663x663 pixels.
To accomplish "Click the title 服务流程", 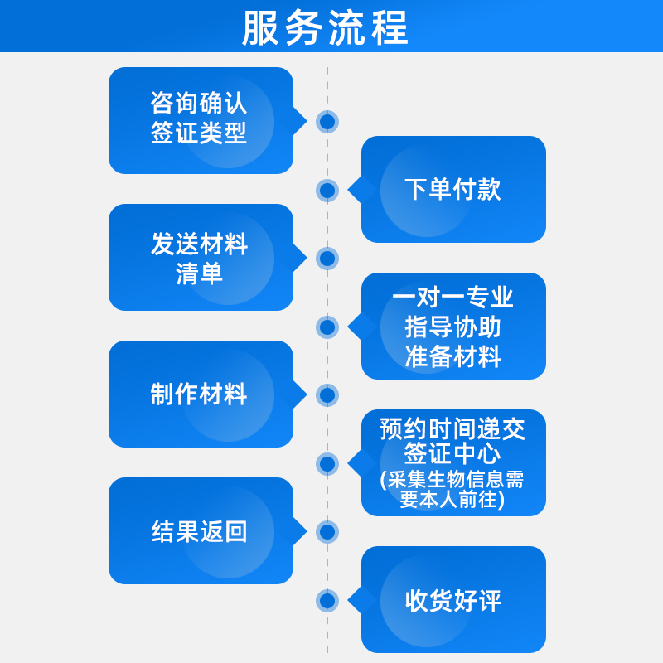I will pyautogui.click(x=326, y=28).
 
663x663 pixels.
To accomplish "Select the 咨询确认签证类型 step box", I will pyautogui.click(x=201, y=120).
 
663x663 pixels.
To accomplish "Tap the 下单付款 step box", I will pyautogui.click(x=453, y=189).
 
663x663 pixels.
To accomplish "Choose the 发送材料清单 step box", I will pyautogui.click(x=201, y=257).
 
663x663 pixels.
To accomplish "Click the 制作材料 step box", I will pyautogui.click(x=201, y=394).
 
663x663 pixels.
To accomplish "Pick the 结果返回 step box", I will pyautogui.click(x=201, y=530).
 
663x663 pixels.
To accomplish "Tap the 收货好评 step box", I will pyautogui.click(x=453, y=599).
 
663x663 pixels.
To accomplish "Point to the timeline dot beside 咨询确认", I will pyautogui.click(x=327, y=122).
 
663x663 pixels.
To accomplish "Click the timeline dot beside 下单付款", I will pyautogui.click(x=327, y=191).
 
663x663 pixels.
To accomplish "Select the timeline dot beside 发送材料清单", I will pyautogui.click(x=327, y=258).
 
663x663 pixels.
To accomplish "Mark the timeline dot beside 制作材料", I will pyautogui.click(x=327, y=395).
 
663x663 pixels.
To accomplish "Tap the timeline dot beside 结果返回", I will pyautogui.click(x=327, y=531).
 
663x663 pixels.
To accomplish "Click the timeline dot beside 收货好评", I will pyautogui.click(x=327, y=600).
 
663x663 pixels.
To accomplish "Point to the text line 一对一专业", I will pyautogui.click(x=453, y=297).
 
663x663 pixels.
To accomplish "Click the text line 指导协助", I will pyautogui.click(x=453, y=327).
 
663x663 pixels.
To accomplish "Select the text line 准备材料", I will pyautogui.click(x=453, y=356).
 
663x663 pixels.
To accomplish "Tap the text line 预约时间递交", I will pyautogui.click(x=453, y=428).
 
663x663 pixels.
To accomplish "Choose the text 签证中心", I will pyautogui.click(x=453, y=454).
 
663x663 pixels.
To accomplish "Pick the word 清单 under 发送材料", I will pyautogui.click(x=200, y=273).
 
